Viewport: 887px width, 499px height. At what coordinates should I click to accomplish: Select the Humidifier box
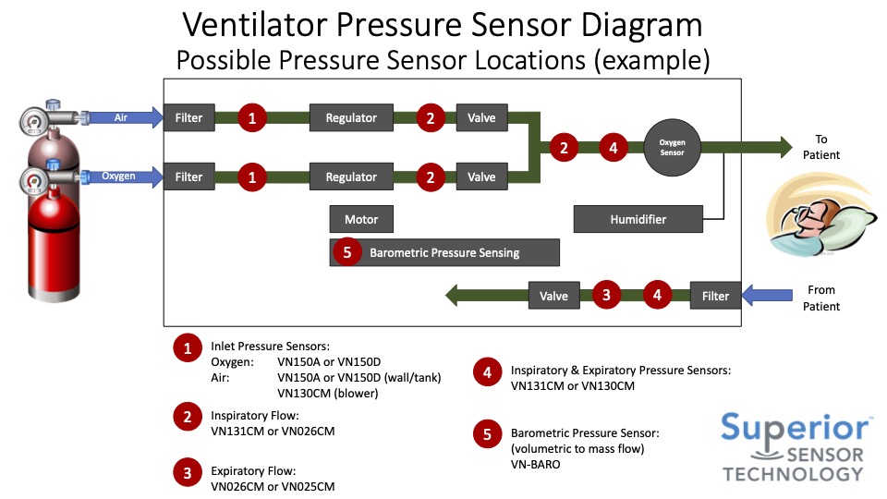638,219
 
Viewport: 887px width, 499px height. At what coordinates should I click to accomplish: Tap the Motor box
361,219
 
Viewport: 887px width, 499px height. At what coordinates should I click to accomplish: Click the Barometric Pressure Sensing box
444,252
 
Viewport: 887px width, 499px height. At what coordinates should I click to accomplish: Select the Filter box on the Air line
188,117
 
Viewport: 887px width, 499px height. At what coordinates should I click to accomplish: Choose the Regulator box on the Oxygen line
351,176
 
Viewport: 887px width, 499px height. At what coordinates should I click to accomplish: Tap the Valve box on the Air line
481,117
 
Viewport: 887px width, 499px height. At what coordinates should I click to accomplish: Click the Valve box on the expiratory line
553,296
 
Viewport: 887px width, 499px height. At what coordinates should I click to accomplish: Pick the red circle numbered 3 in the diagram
606,296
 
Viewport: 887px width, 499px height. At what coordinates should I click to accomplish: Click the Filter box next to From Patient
715,296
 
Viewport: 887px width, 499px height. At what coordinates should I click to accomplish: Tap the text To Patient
821,147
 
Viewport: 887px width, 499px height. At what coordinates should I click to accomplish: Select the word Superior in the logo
796,428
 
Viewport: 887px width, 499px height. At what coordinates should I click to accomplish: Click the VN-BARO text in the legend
535,465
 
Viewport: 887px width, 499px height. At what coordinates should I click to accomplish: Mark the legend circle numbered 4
487,372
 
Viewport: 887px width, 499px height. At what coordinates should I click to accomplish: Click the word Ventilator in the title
276,25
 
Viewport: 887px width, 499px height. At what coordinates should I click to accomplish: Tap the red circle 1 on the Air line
252,117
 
